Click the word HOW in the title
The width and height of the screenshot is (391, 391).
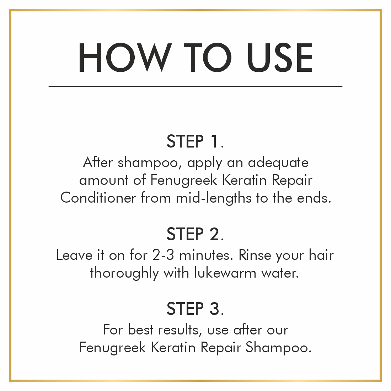coord(125,57)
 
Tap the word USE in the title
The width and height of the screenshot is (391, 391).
coord(280,57)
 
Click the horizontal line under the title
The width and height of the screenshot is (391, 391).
coord(195,86)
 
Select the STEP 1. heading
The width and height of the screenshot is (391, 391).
coord(195,141)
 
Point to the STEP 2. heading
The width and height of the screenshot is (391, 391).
coord(195,234)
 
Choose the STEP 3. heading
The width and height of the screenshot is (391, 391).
coord(195,309)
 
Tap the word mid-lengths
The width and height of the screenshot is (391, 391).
coord(214,198)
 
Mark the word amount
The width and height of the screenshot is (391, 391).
coord(103,180)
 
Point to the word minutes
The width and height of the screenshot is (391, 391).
coord(206,255)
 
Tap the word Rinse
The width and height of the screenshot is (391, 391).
coord(255,255)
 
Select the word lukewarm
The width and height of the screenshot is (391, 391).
coord(225,273)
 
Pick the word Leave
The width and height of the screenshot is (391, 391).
coord(74,255)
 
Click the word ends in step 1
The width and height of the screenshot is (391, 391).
coord(314,198)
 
